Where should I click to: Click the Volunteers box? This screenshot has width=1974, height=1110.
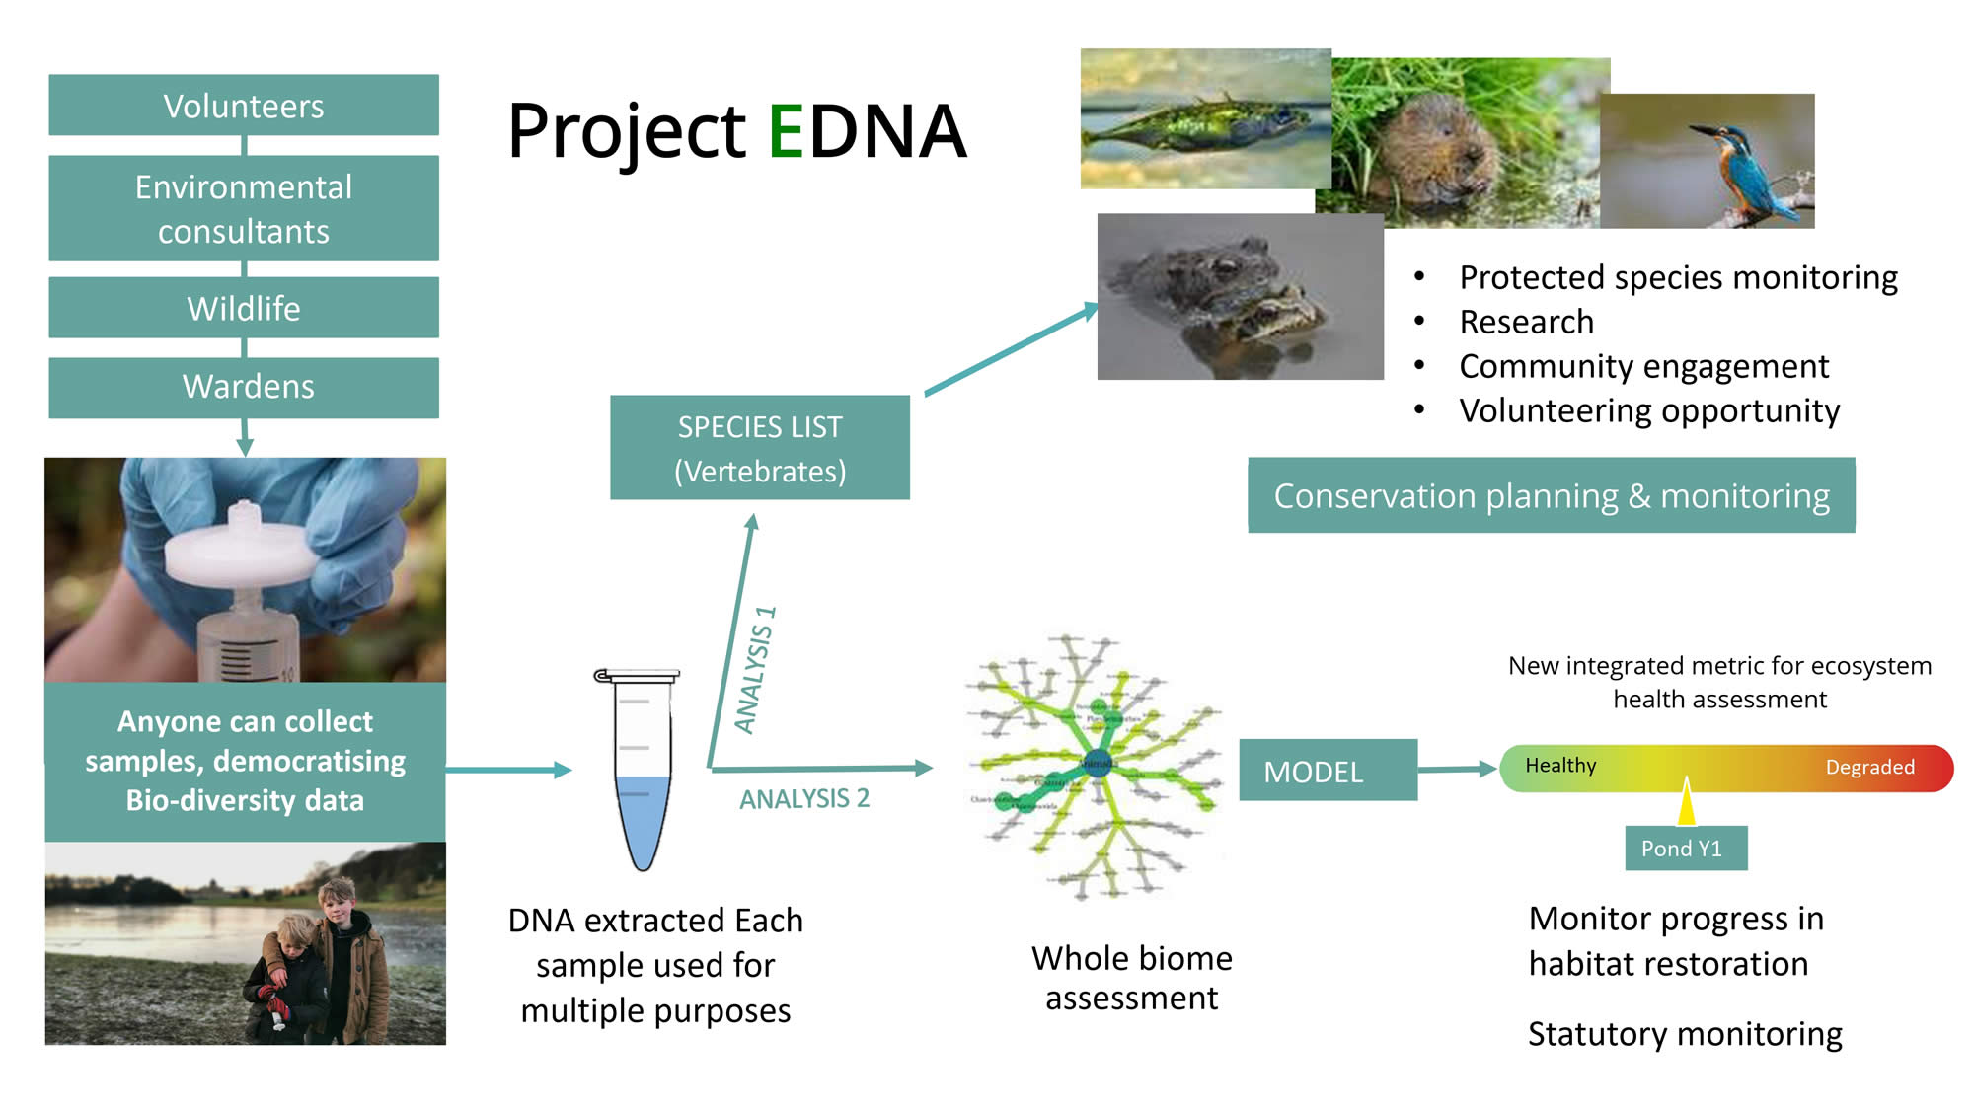click(x=244, y=106)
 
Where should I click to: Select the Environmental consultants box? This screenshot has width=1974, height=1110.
click(x=244, y=208)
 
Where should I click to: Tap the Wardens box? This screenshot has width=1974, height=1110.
click(x=244, y=387)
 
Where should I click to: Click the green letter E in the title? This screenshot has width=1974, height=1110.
click(x=787, y=131)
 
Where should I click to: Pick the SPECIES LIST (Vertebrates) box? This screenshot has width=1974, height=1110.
click(x=760, y=448)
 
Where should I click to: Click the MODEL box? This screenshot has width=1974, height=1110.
click(x=1328, y=771)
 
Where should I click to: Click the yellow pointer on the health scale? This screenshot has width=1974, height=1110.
click(x=1686, y=801)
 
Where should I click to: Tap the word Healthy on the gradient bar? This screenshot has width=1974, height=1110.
click(x=1560, y=766)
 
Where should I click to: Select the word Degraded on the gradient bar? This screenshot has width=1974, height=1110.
click(x=1869, y=768)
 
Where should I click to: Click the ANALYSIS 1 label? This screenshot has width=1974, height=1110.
click(x=756, y=670)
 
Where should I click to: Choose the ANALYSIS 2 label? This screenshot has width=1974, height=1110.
click(x=804, y=799)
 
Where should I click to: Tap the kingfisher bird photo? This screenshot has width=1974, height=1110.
click(x=1708, y=162)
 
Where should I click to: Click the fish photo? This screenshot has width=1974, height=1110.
click(x=1204, y=119)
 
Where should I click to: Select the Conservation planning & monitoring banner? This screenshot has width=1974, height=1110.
click(x=1551, y=495)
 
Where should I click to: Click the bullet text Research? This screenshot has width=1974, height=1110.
click(x=1526, y=322)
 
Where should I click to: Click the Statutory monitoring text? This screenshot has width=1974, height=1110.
click(x=1685, y=1034)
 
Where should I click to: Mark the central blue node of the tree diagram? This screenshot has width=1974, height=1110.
click(x=1098, y=762)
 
